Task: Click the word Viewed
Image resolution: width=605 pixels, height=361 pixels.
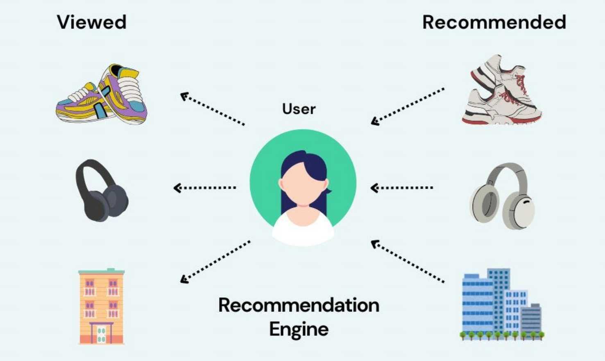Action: tap(91, 22)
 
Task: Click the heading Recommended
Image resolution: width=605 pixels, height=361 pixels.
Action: tap(494, 22)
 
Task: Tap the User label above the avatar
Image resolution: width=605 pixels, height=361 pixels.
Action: tap(299, 109)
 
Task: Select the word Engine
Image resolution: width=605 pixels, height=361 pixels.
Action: tap(299, 329)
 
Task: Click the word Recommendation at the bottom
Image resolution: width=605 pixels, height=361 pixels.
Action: tap(299, 305)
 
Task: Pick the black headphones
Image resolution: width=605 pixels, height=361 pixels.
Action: tap(102, 190)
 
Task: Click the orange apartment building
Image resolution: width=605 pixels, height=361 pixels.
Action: tap(101, 306)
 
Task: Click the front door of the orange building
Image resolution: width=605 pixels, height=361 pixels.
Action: tap(101, 333)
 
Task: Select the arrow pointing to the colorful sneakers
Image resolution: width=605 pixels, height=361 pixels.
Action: tap(212, 109)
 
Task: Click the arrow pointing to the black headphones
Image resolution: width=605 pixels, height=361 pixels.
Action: tap(205, 188)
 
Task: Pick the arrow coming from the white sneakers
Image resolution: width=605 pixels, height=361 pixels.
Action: tap(408, 106)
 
